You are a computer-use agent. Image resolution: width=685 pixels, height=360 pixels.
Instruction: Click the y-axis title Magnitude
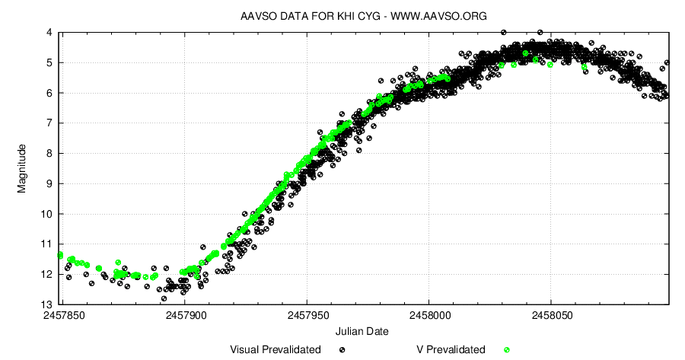point(22,167)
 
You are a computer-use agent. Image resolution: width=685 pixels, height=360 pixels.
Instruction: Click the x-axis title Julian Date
point(362,331)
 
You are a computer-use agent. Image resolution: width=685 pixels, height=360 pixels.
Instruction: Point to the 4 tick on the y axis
point(49,33)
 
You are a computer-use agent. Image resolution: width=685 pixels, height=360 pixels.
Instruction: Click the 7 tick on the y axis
point(49,123)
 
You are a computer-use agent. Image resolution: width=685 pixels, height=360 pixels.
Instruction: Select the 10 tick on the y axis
point(46,214)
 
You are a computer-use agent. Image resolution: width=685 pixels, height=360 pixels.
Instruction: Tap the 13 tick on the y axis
point(46,304)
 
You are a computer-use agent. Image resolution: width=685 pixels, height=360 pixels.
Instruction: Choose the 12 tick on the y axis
point(46,274)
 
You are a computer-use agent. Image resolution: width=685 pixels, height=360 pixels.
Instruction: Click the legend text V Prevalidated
point(451,349)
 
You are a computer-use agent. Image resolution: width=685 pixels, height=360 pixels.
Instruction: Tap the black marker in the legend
point(342,349)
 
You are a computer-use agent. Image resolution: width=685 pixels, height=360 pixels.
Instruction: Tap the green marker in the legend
point(506,349)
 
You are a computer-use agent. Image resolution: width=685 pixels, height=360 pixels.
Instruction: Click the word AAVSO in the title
point(258,16)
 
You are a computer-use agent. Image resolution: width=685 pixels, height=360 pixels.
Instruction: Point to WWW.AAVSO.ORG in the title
point(438,16)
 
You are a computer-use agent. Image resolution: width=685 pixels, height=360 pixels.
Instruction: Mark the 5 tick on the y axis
point(49,63)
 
